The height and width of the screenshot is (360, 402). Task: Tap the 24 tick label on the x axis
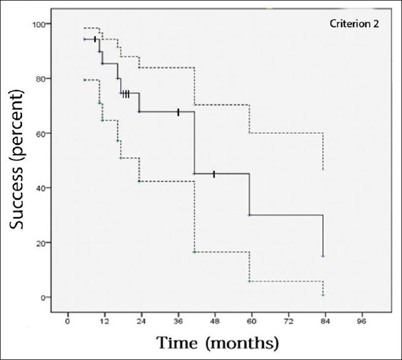[x=141, y=321]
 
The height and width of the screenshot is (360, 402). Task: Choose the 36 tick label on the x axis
[x=178, y=321]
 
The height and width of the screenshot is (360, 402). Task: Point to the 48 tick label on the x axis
[x=215, y=321]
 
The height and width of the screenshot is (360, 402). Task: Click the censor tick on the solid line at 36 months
[x=178, y=112]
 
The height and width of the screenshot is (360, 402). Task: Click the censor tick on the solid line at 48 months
[x=214, y=174]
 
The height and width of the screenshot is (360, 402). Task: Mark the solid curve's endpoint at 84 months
[x=323, y=256]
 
